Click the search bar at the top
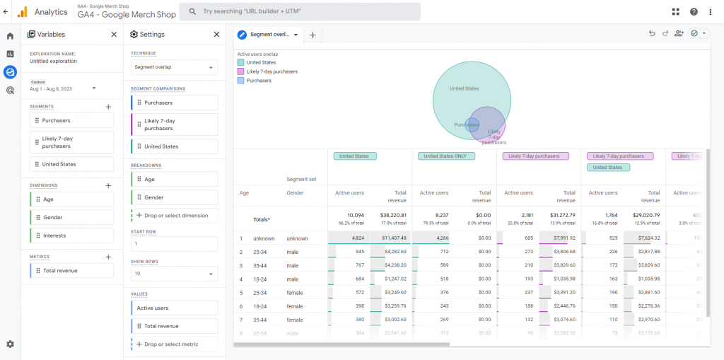[300, 11]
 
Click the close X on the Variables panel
[114, 34]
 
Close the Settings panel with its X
[216, 34]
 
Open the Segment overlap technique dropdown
[174, 67]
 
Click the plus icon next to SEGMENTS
[108, 107]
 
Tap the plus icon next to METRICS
[108, 257]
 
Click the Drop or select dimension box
[174, 216]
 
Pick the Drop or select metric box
[174, 344]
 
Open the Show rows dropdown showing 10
[174, 274]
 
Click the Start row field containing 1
[174, 244]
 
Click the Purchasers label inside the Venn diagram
[466, 125]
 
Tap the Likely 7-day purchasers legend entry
[271, 71]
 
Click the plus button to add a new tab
[313, 35]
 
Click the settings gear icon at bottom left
[10, 344]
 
